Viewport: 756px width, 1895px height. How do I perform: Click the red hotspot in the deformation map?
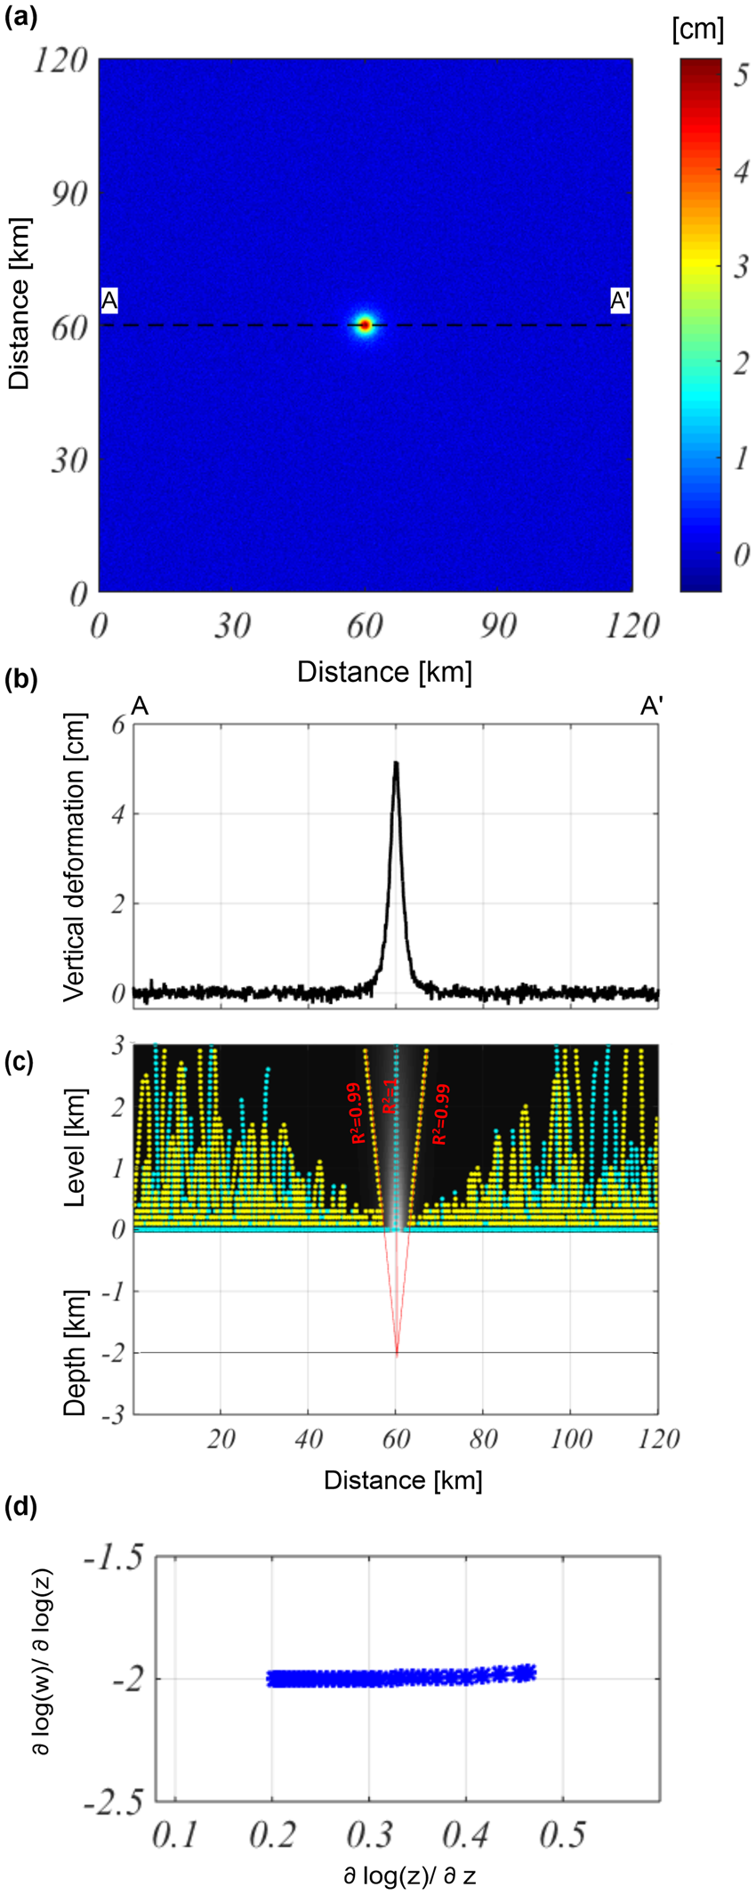click(x=365, y=325)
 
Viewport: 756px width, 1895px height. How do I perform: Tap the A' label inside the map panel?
click(x=620, y=302)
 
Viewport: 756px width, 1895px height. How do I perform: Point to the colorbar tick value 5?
click(x=739, y=77)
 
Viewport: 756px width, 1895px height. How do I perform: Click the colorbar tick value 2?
click(x=739, y=363)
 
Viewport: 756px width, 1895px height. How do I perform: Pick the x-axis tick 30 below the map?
click(x=231, y=627)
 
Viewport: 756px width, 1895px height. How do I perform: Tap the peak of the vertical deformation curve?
click(x=396, y=764)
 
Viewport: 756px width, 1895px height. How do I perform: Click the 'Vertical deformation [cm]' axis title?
click(x=76, y=857)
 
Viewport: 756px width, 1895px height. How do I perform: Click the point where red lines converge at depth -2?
click(x=396, y=1353)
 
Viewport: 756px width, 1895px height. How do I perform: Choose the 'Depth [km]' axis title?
click(x=76, y=1350)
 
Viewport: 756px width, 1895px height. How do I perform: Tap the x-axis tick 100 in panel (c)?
click(x=570, y=1438)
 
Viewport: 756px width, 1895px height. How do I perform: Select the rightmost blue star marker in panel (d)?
click(x=527, y=1672)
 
